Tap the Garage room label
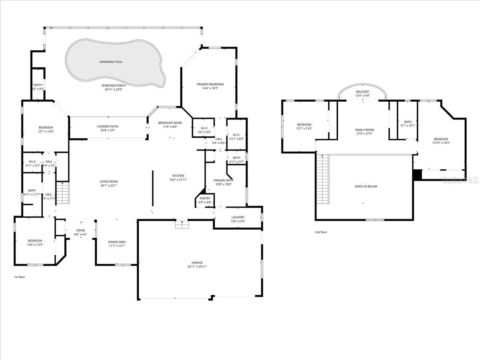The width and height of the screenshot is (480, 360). [197, 262]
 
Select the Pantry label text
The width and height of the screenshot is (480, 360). [205, 198]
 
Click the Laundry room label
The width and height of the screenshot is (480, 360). [238, 217]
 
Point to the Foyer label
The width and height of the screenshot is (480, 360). [81, 230]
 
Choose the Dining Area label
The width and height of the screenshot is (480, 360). [117, 242]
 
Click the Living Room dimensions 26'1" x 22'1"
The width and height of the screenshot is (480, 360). [109, 185]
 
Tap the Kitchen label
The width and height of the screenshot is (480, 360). [178, 176]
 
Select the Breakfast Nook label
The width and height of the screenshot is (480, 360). [170, 123]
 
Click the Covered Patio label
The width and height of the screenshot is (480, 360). [108, 126]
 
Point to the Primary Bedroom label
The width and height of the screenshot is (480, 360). [210, 84]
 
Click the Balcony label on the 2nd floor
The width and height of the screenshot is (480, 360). [363, 92]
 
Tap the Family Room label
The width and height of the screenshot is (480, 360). [364, 130]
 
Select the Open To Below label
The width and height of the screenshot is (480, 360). [366, 186]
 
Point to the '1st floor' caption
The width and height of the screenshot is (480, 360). [19, 277]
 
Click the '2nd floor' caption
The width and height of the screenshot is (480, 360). [321, 232]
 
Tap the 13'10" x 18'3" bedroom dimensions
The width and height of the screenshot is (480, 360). [441, 143]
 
